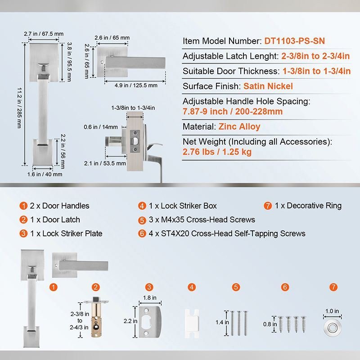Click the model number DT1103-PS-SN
(x=295, y=41)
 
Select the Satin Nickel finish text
(x=268, y=86)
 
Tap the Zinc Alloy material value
(x=239, y=127)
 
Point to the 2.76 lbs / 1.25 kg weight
(x=217, y=152)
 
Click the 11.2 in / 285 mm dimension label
(x=19, y=108)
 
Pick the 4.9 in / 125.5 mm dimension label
(x=136, y=85)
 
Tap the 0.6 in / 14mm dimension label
(x=100, y=127)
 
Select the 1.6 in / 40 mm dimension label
(x=45, y=174)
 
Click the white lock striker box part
(x=192, y=324)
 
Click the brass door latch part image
(x=96, y=317)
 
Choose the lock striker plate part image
(x=150, y=322)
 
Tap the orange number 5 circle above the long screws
(x=236, y=287)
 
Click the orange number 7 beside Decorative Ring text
(x=268, y=206)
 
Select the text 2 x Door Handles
(x=59, y=206)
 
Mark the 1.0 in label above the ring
(x=332, y=311)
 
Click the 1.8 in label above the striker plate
(x=150, y=297)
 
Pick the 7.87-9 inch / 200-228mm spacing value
(x=233, y=112)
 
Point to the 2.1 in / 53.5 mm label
(x=105, y=163)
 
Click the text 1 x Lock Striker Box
(x=183, y=206)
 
